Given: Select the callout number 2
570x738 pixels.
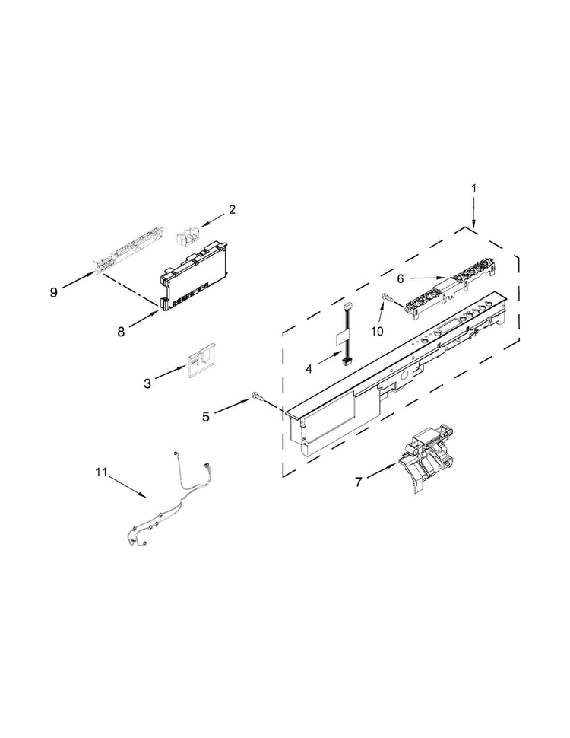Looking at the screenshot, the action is [233, 209].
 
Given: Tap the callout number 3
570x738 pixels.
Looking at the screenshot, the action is [147, 383].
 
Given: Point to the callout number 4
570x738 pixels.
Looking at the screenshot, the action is [309, 370].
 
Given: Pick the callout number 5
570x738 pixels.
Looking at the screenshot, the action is [206, 416].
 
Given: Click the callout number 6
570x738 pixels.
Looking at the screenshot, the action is [401, 279].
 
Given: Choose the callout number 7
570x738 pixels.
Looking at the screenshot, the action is [359, 482].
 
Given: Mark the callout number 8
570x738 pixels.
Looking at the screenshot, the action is [121, 332].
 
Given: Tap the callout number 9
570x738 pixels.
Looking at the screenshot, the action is [54, 292].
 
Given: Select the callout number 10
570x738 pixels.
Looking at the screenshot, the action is [377, 332].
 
